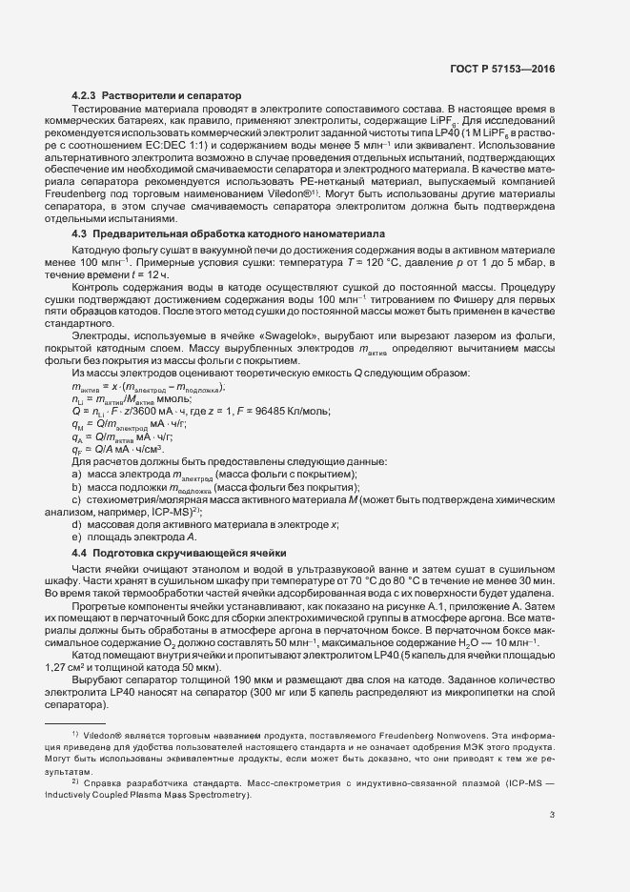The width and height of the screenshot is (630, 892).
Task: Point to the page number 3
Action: [x=552, y=813]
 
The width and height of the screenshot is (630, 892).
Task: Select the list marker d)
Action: [x=76, y=524]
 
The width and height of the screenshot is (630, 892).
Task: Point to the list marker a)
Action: [x=76, y=474]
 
